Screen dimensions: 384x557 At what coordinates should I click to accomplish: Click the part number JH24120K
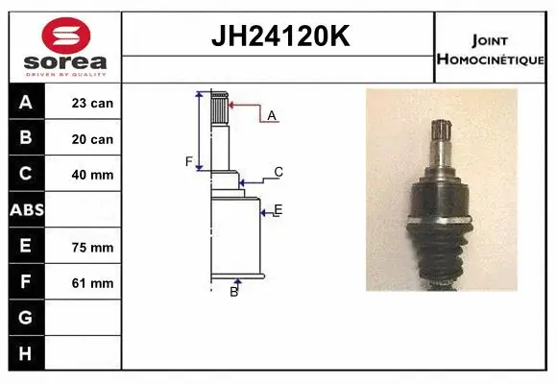click(x=278, y=36)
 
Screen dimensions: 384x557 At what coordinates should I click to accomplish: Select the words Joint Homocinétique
click(x=492, y=50)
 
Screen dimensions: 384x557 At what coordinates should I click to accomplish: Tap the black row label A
click(x=26, y=103)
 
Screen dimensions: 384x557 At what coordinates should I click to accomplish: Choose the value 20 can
click(x=91, y=139)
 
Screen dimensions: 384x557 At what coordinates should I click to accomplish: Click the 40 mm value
click(x=91, y=175)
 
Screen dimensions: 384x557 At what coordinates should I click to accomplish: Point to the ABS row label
click(x=26, y=210)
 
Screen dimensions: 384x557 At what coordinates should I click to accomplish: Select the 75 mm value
click(x=91, y=246)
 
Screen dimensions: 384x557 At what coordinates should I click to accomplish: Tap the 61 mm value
click(x=91, y=282)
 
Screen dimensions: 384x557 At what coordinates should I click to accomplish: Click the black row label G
click(x=26, y=318)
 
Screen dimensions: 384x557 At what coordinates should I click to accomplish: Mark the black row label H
click(x=26, y=353)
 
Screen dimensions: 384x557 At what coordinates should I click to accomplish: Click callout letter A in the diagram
click(x=272, y=115)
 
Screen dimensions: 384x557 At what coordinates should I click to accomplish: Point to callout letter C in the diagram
click(x=278, y=172)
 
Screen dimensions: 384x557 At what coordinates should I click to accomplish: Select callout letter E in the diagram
click(x=278, y=209)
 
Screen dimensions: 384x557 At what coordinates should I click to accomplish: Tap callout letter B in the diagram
click(x=233, y=291)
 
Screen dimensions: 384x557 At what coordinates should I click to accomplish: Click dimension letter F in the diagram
click(x=189, y=160)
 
